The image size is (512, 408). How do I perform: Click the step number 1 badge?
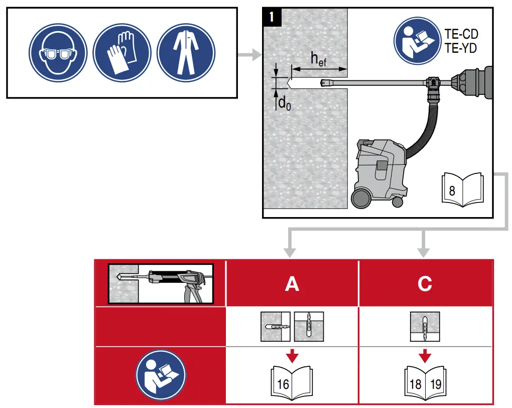click(272, 17)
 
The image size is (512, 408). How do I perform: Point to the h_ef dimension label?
click(317, 59)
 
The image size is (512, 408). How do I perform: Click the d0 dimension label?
click(285, 104)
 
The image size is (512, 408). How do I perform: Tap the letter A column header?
click(292, 284)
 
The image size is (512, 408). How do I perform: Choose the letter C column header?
click(425, 284)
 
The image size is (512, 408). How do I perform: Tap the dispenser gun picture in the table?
click(161, 284)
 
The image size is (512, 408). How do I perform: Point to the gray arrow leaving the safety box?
click(249, 53)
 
